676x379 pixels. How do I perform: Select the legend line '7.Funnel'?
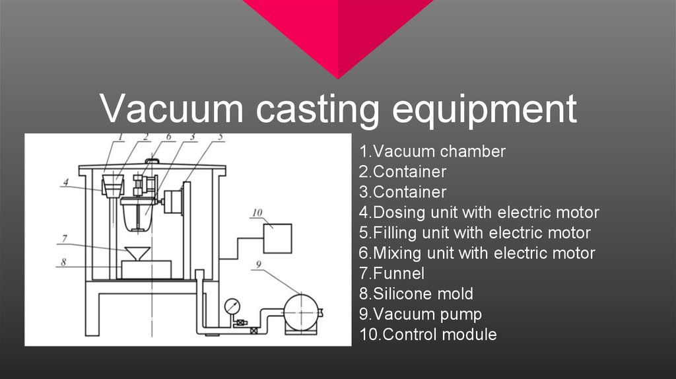point(392,273)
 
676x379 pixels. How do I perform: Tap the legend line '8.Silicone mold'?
point(417,294)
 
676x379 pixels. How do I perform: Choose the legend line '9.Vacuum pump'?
point(421,314)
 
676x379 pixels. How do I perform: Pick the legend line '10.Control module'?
point(428,335)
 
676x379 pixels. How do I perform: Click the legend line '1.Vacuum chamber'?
point(432,152)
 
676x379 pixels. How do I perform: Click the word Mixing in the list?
point(397,254)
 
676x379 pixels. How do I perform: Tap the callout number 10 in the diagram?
point(257,213)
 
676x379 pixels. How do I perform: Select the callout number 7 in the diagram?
point(63,238)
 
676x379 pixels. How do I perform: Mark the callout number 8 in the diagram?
point(63,261)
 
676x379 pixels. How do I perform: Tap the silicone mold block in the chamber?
point(145,269)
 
